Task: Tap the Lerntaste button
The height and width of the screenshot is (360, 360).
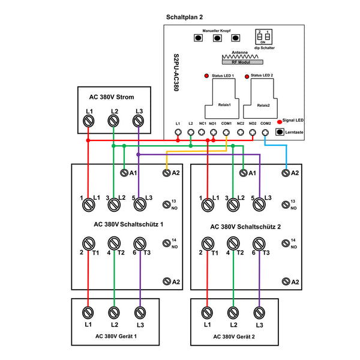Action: (x=280, y=131)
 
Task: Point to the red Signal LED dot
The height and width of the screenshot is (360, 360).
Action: (x=279, y=121)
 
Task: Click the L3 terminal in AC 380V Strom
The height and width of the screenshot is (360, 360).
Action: (x=139, y=121)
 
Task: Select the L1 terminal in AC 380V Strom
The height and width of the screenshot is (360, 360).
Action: (x=88, y=121)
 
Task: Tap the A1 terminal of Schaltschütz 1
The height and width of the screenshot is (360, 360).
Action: (x=124, y=173)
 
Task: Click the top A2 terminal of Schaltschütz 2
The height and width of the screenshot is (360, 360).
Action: (x=286, y=173)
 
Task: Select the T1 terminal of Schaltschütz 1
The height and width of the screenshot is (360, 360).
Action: (x=88, y=244)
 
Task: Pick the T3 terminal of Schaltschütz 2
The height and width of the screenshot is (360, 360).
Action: (x=259, y=244)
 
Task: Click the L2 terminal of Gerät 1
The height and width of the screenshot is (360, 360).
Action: (x=113, y=312)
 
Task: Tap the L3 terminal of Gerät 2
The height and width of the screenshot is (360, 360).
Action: (x=259, y=312)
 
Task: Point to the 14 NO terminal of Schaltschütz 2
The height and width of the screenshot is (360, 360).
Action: (x=286, y=244)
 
